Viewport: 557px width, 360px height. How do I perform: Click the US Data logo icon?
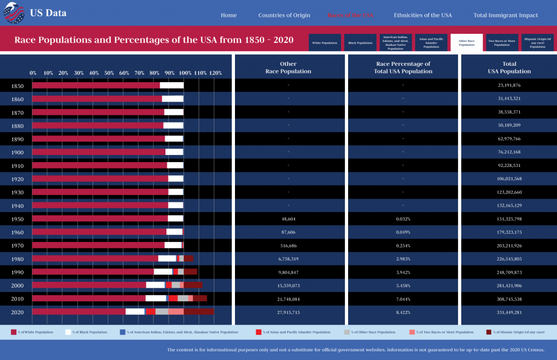(14, 13)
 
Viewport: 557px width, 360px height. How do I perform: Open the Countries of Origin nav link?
(284, 15)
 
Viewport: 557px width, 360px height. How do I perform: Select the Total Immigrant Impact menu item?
(505, 15)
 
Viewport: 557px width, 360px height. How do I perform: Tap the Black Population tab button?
(360, 42)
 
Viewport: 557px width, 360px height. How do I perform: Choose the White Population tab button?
(325, 42)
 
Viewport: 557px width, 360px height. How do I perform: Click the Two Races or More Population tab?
(502, 42)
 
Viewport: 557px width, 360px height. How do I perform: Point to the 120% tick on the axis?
(215, 73)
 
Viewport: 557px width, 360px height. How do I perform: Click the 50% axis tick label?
(109, 73)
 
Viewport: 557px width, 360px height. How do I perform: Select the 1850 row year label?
(17, 86)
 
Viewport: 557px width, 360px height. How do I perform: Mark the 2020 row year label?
(17, 312)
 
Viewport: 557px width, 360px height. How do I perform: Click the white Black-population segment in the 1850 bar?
(172, 85)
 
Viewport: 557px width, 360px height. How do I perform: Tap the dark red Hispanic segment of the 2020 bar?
(199, 312)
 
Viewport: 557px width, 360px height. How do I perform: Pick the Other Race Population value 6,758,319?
(288, 259)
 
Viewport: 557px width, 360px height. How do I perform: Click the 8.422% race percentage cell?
(403, 312)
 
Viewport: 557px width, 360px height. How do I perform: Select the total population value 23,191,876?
(509, 85)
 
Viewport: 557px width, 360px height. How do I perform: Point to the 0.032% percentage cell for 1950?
(403, 219)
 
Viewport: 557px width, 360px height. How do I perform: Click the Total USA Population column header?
(509, 67)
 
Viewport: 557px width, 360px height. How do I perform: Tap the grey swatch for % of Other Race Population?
(347, 332)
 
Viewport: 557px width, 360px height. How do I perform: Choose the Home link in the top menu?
(228, 15)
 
